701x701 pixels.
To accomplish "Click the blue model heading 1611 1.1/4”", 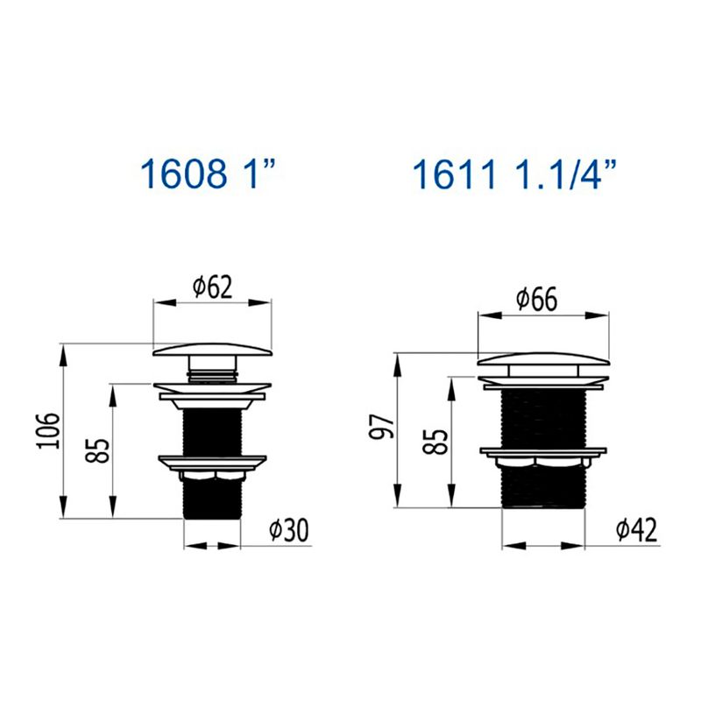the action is coord(514,173).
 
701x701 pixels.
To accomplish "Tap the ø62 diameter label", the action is coord(213,287).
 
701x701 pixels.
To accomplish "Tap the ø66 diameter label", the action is coord(537,300).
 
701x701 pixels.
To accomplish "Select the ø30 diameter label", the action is coord(289,530).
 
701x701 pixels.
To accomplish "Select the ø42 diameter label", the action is coord(637,530).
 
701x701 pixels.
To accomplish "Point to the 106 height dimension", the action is coord(48,431).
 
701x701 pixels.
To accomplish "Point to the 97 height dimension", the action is coord(381,427).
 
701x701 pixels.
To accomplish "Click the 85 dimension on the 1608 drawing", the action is coord(98,450).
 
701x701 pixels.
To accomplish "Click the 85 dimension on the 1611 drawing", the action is coord(435,442).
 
